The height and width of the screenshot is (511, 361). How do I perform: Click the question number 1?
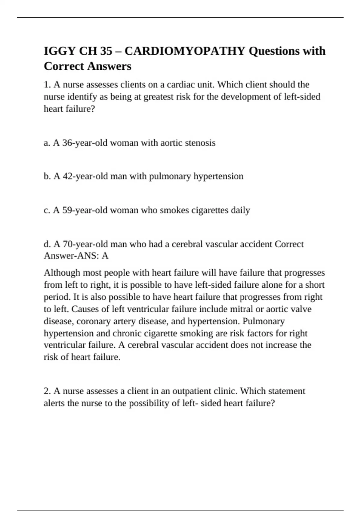point(47,85)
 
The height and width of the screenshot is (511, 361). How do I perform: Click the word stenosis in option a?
point(200,143)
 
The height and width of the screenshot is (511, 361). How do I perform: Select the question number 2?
point(47,391)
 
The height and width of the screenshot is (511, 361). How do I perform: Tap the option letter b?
point(47,176)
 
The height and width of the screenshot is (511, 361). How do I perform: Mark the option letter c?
point(47,210)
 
